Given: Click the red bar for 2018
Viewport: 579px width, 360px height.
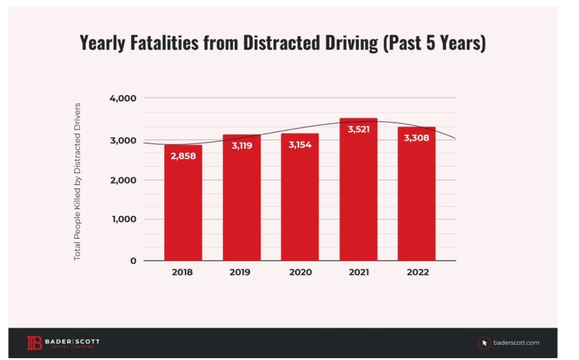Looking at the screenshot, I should coord(183,207).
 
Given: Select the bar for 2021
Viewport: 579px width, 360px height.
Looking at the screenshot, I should coord(358,195).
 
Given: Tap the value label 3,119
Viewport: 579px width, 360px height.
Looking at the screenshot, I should coord(241,145).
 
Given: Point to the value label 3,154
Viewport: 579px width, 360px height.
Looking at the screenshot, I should coord(300,145).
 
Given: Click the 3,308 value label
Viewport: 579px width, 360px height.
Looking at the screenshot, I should coord(417,138).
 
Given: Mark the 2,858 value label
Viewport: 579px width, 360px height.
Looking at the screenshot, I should coord(183,157).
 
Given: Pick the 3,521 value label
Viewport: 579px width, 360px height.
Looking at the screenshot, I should coord(358,129).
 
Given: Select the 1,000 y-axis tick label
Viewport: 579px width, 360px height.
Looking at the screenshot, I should coord(123,219).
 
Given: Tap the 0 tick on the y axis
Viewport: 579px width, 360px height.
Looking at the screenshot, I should coord(133,261).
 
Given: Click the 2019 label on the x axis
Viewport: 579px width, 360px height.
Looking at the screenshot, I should coord(241,273).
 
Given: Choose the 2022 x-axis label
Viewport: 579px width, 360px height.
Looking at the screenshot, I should coord(417,273).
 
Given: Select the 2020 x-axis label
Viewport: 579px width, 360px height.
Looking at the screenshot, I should coord(300,273).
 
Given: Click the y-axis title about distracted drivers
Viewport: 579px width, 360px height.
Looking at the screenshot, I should coord(77,181).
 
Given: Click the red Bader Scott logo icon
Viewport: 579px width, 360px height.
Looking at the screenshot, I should coord(34,343).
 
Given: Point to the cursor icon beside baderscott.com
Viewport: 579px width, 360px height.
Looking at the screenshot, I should coord(485,343).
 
